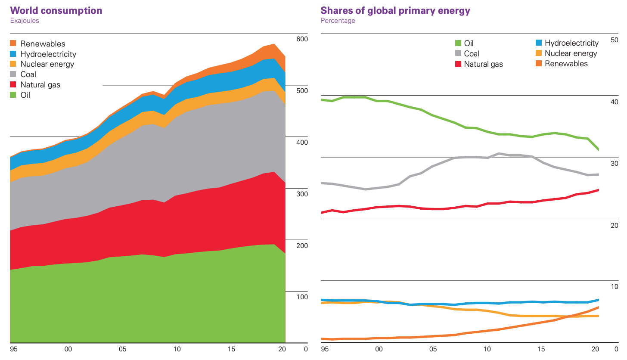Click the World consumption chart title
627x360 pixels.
point(56,10)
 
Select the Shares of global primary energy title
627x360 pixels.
point(395,10)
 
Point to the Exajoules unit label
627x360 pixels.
point(24,20)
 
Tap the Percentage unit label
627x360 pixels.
point(338,20)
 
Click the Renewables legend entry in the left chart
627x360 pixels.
point(43,43)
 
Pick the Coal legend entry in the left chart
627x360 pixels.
point(28,74)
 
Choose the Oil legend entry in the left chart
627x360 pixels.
point(25,95)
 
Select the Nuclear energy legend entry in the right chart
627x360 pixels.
point(571,53)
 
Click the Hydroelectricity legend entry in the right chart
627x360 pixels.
point(571,43)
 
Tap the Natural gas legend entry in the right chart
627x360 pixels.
point(483,64)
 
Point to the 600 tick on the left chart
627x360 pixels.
point(302,39)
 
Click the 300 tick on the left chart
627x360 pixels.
point(302,194)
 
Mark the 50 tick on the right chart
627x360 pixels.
point(615,40)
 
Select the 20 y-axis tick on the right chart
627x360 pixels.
point(615,225)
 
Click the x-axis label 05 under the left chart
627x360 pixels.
point(122,349)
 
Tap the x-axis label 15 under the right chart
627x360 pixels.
point(541,349)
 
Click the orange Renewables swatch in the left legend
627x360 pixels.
point(13,43)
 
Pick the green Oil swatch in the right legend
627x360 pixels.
point(458,43)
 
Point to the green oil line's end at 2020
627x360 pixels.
point(599,149)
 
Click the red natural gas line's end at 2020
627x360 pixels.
point(599,190)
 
